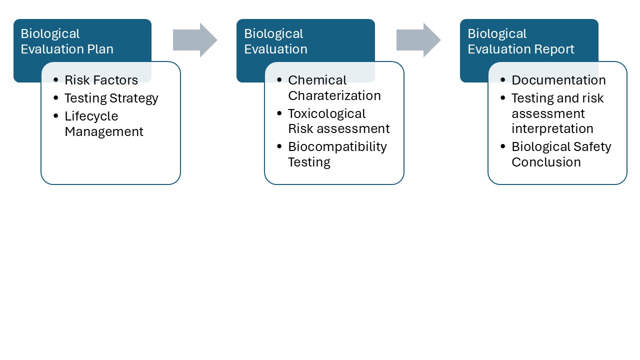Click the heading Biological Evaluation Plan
coord(67,41)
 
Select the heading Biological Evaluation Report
coord(521,41)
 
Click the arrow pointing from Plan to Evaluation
coord(195,40)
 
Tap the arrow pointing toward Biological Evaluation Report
coord(418,40)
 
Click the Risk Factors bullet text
coord(101,80)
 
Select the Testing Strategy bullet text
coord(111,98)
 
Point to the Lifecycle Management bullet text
coord(103,123)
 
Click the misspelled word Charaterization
coord(334,95)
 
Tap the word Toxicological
coord(326,113)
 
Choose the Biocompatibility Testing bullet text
coord(337,154)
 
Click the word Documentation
coord(558,80)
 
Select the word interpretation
coord(552,128)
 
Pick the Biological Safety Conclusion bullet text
coord(561,154)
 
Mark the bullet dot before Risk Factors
coord(55,80)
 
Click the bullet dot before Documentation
coord(502,80)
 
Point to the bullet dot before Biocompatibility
coord(279,147)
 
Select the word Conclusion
coord(546,162)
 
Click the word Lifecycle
coord(91,116)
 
